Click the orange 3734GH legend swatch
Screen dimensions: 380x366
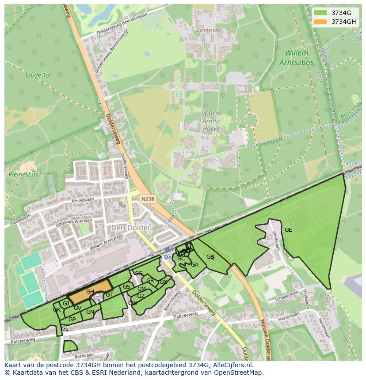[x=321, y=22]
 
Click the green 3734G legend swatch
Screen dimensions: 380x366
[x=321, y=13]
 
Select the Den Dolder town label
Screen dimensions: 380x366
[x=131, y=228]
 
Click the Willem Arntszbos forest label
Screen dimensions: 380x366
[x=296, y=58]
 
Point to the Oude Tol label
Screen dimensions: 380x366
[x=38, y=75]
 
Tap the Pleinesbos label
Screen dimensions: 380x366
[x=23, y=174]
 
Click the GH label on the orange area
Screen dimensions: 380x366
[x=90, y=292]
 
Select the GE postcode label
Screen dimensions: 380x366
[x=288, y=230]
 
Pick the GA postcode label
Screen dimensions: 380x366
[x=194, y=265]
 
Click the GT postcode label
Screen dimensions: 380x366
[x=109, y=295]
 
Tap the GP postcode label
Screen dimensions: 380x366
[x=72, y=320]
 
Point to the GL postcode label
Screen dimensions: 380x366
[x=65, y=329]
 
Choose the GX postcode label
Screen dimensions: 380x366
[x=163, y=282]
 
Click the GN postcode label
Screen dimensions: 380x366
[x=90, y=312]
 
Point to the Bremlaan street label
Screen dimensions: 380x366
[x=84, y=355]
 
